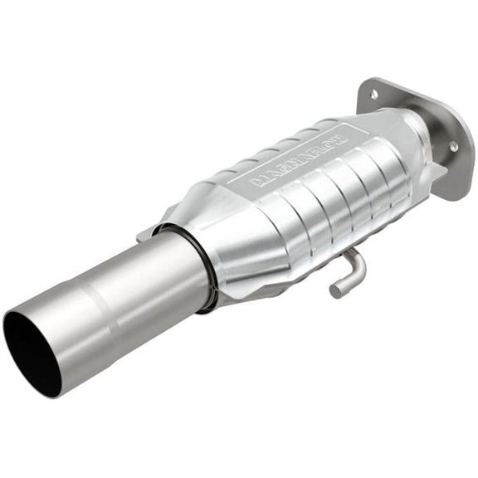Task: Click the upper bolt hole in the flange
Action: coord(373,95)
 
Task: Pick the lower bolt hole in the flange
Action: coord(453,146)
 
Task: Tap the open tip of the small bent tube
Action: coord(335,291)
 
